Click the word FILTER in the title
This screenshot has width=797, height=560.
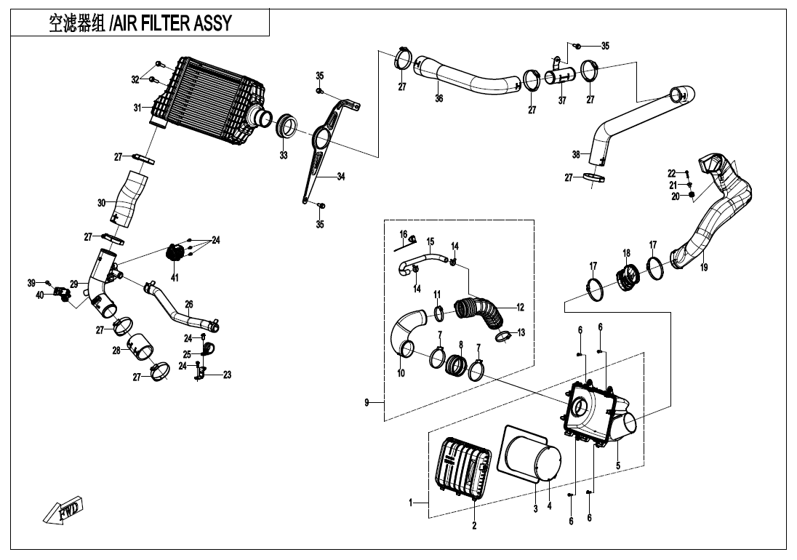tap(169, 23)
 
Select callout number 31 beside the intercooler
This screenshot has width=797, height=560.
tap(137, 108)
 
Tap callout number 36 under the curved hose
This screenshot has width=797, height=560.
tap(438, 98)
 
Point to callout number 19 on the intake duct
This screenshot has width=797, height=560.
tap(703, 268)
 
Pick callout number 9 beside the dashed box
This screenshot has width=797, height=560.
tap(367, 402)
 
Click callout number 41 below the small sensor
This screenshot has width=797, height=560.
tap(175, 277)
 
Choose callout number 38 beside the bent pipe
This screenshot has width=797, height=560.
tap(576, 154)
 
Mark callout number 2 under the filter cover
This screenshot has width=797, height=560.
tap(474, 526)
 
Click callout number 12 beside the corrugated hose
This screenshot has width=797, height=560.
tap(520, 308)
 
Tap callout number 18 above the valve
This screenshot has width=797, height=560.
tap(626, 253)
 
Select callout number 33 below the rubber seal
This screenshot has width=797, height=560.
tap(284, 155)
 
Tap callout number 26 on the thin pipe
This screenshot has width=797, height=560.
tap(188, 304)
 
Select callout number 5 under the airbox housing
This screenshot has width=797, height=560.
tap(617, 465)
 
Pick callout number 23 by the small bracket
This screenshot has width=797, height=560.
tap(227, 375)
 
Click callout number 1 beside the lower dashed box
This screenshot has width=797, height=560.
tap(411, 502)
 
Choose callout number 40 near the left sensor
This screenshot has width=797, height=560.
tap(40, 295)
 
